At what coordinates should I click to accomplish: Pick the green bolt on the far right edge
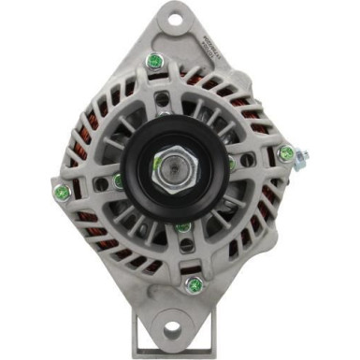(x=286, y=152)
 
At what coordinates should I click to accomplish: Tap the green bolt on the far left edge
(x=64, y=193)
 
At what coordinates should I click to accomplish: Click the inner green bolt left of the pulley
(x=119, y=180)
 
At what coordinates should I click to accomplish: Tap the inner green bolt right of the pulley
(x=232, y=165)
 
